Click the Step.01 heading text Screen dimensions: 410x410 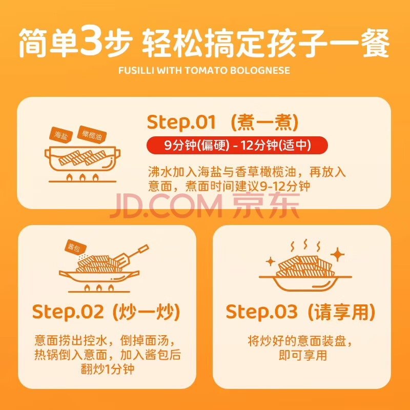tap(181, 122)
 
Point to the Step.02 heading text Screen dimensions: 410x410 tap(68, 312)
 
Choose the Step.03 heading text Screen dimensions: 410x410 tap(261, 312)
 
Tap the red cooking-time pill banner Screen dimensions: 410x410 tap(237, 146)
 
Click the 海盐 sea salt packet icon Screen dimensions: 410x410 tap(60, 135)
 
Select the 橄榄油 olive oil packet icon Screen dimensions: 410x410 tap(92, 135)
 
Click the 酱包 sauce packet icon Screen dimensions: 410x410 tap(75, 247)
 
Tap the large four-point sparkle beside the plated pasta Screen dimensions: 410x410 tap(337, 254)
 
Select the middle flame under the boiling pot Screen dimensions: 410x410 tap(83, 178)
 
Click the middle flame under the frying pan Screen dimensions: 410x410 tap(99, 288)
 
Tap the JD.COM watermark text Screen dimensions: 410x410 tap(167, 206)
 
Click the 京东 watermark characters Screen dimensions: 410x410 tap(266, 205)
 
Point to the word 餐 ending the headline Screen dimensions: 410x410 tap(376, 43)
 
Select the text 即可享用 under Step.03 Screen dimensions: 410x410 tap(302, 355)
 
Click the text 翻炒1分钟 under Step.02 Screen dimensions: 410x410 tap(108, 369)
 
